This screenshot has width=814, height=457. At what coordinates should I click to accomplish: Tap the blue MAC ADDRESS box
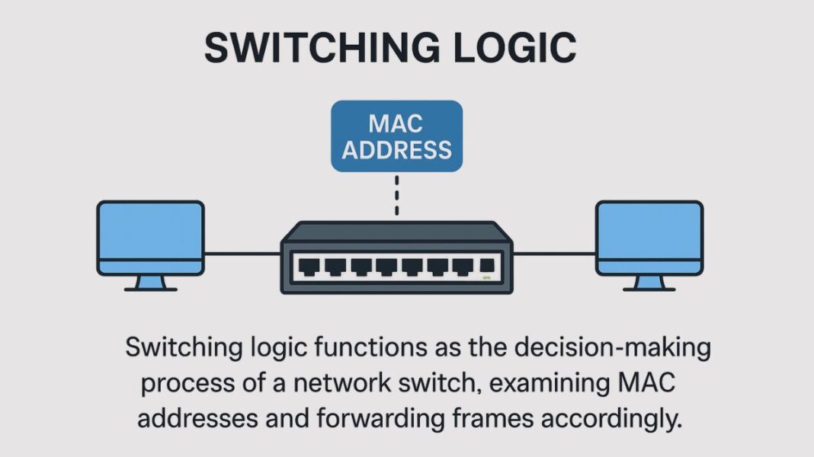396,136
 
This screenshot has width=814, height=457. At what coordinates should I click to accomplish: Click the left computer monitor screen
150,230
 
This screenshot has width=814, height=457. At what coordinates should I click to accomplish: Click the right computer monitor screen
649,230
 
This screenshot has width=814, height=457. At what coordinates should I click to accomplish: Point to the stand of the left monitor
150,283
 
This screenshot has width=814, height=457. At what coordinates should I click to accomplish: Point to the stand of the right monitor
649,283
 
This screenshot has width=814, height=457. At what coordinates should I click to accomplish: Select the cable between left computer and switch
242,254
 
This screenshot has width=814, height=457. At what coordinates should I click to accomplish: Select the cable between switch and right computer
554,254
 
